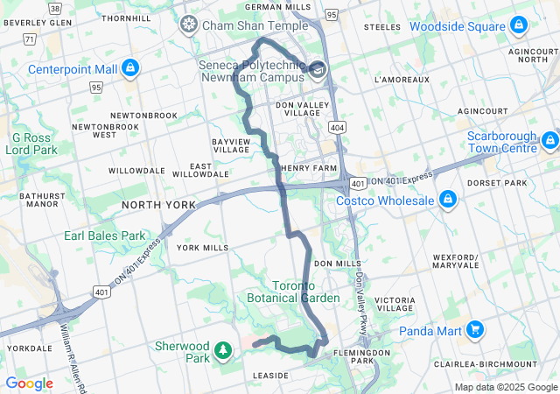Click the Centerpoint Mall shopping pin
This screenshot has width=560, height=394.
[129, 67]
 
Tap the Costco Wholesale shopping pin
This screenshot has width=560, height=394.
[448, 201]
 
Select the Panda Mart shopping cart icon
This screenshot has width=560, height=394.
[475, 330]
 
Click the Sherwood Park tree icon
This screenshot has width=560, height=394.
[224, 351]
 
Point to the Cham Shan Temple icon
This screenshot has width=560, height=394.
[188, 25]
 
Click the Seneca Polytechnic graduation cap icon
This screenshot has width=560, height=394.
[317, 70]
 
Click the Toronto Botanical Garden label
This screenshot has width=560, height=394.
[305, 292]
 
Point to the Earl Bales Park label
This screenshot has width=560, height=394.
[104, 236]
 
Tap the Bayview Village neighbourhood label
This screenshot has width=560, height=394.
[231, 145]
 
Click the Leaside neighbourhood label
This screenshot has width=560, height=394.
[270, 375]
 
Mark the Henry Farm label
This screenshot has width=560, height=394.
[308, 168]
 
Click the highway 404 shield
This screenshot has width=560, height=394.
[338, 128]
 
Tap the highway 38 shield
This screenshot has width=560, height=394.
[55, 7]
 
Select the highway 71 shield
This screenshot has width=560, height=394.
[30, 39]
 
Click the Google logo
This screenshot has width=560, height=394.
[29, 383]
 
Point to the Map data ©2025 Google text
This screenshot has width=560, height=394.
[506, 387]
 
